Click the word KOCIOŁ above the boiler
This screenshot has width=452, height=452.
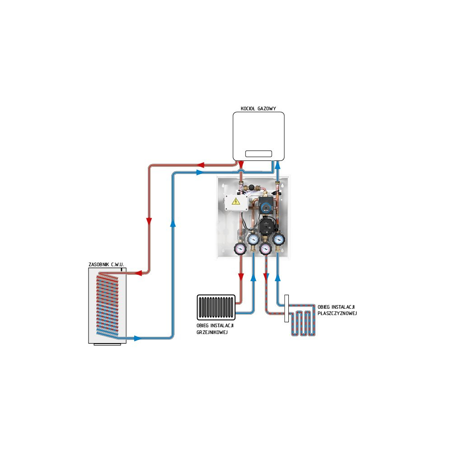[x=248, y=108]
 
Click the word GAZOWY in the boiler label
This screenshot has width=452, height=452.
[x=267, y=108]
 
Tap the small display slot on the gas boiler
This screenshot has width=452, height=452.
[x=259, y=154]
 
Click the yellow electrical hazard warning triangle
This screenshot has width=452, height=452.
[x=235, y=202]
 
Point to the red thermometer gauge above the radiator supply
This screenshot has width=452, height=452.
[x=240, y=248]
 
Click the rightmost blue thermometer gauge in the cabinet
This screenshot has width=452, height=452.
[x=279, y=239]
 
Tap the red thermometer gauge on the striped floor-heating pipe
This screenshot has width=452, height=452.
[x=266, y=248]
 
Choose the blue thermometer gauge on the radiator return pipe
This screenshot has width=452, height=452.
[x=253, y=239]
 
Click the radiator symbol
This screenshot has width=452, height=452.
[x=216, y=307]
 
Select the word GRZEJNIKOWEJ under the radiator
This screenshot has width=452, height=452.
[x=212, y=333]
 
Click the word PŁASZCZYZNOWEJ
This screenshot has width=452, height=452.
[x=338, y=313]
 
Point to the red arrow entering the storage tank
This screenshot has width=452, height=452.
[x=139, y=273]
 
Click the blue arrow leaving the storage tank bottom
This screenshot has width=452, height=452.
[x=137, y=338]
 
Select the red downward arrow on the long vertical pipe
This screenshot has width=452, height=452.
[x=149, y=221]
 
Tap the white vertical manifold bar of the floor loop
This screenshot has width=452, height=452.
[x=287, y=309]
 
